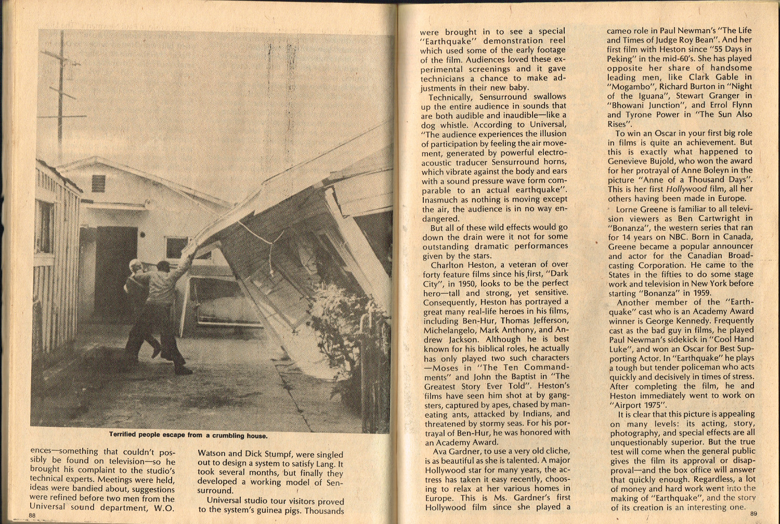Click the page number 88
32,515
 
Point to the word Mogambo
629,86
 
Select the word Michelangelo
450,330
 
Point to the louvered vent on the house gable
98,183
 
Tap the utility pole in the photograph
62,94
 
